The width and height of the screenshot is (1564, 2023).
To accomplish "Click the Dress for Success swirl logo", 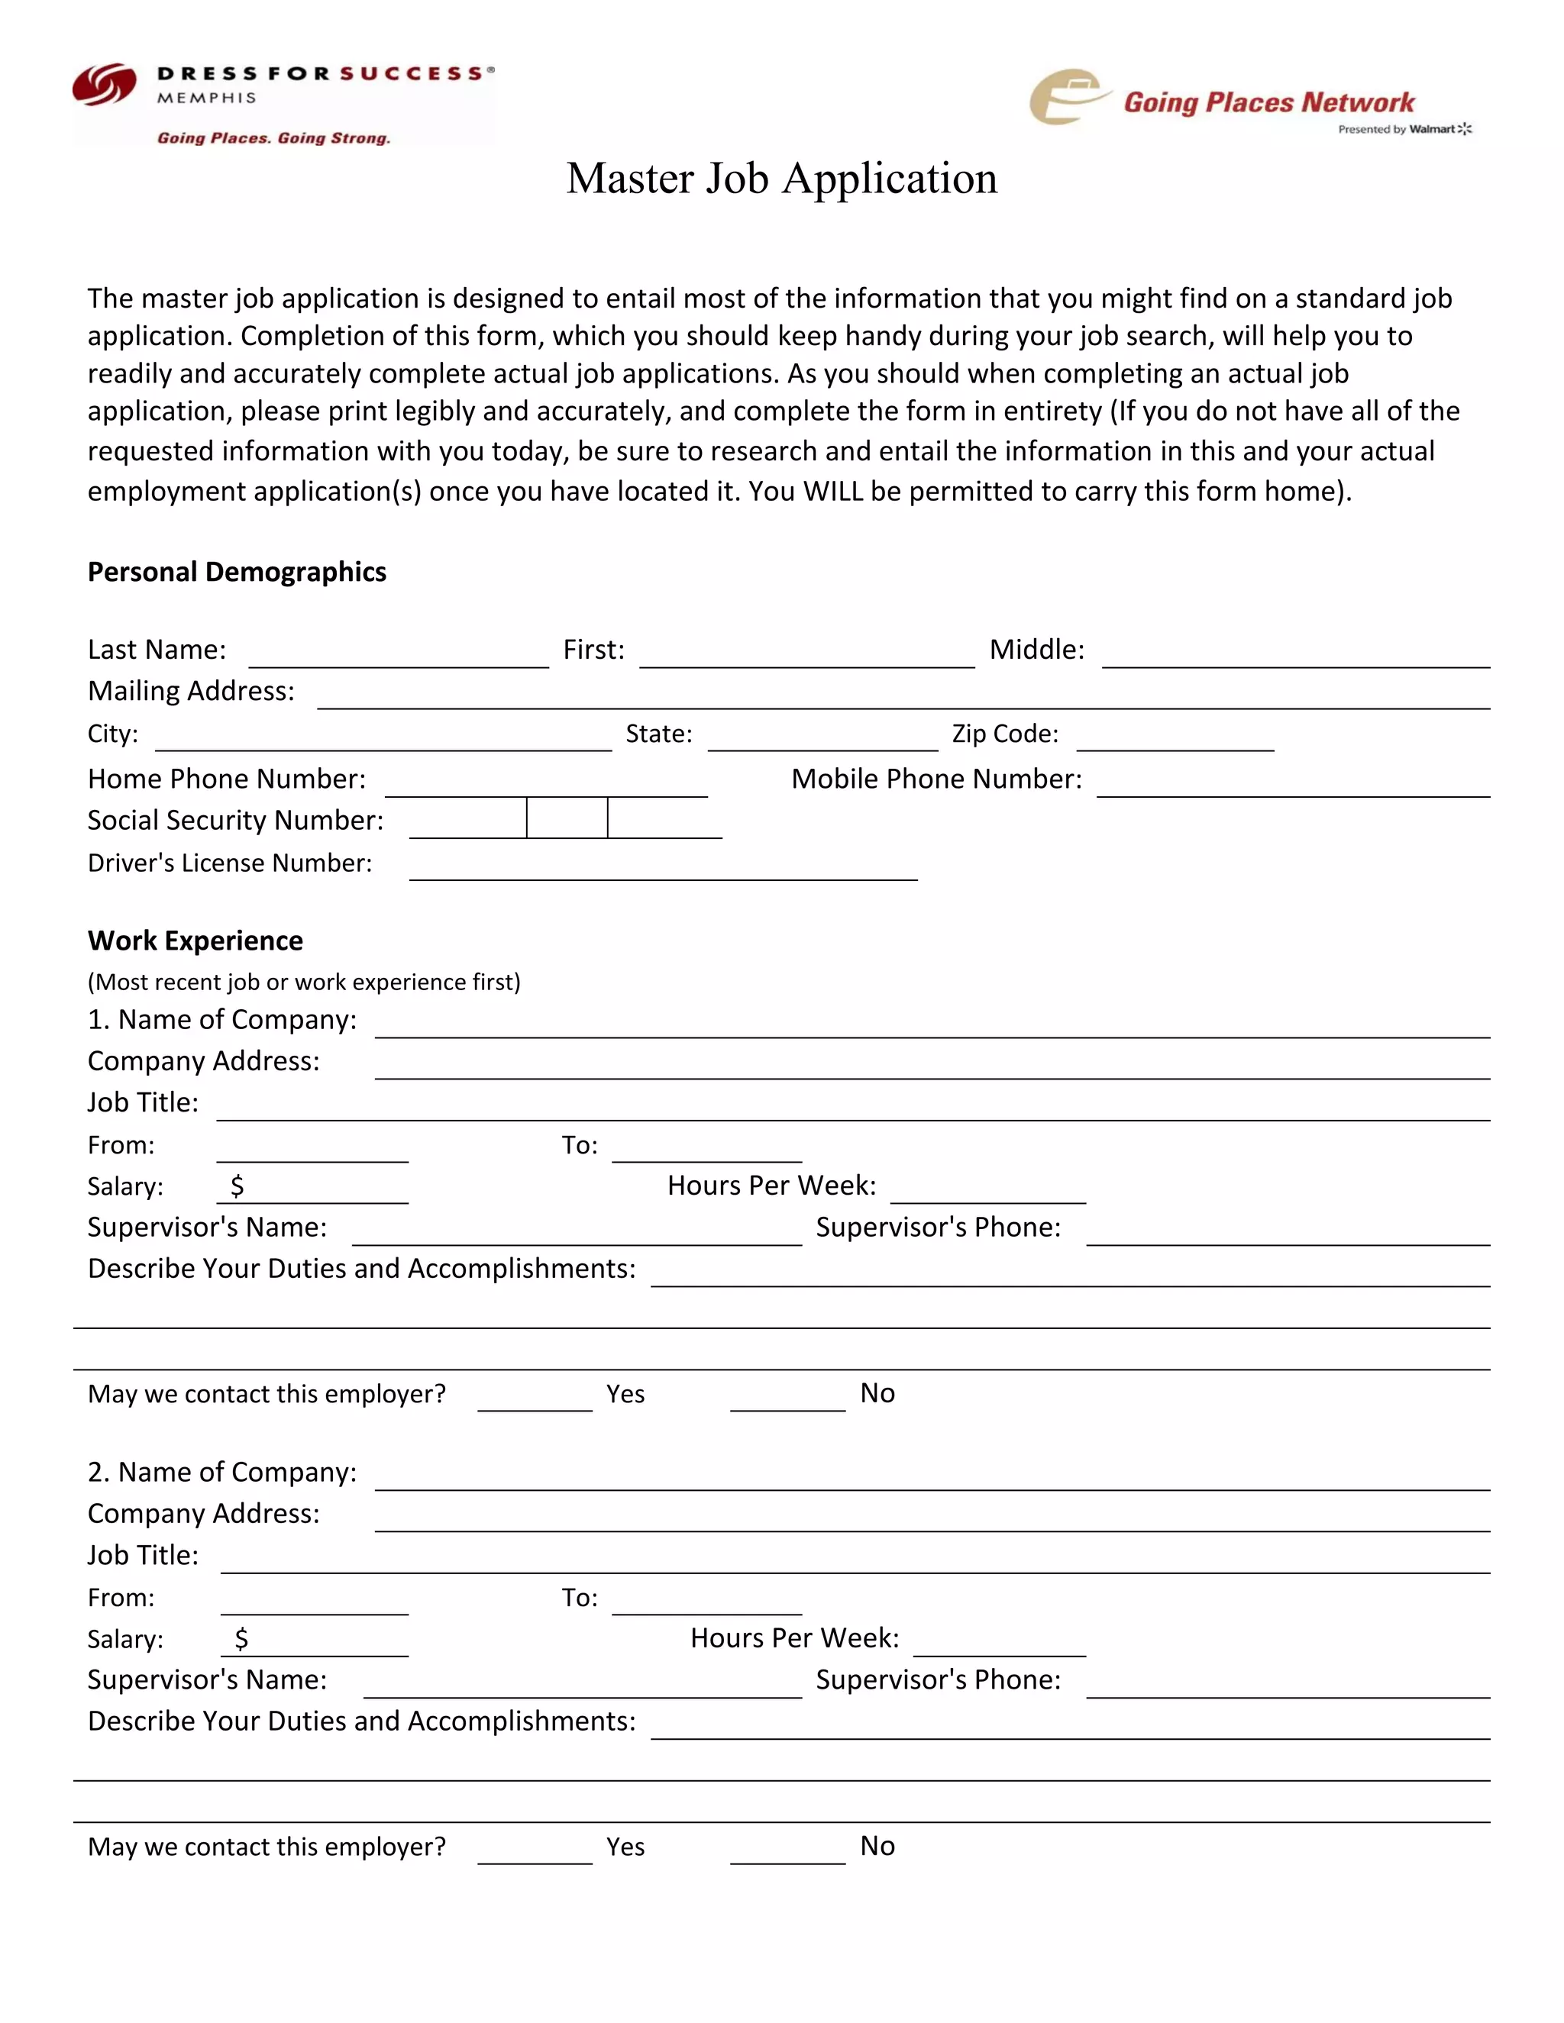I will [x=104, y=86].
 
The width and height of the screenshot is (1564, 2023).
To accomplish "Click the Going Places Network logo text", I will [x=1268, y=103].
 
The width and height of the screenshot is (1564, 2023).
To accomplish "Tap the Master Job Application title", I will [x=782, y=178].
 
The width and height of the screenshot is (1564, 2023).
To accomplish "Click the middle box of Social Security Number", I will [x=567, y=819].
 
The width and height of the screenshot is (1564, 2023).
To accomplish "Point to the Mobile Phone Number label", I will [x=935, y=779].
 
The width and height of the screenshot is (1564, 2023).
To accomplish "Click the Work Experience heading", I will [x=195, y=941].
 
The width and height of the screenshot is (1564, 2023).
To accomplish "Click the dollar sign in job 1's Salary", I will [x=238, y=1186].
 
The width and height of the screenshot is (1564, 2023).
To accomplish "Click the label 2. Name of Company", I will [x=221, y=1472].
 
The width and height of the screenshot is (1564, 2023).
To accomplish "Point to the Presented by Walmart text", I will [x=1404, y=130].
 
